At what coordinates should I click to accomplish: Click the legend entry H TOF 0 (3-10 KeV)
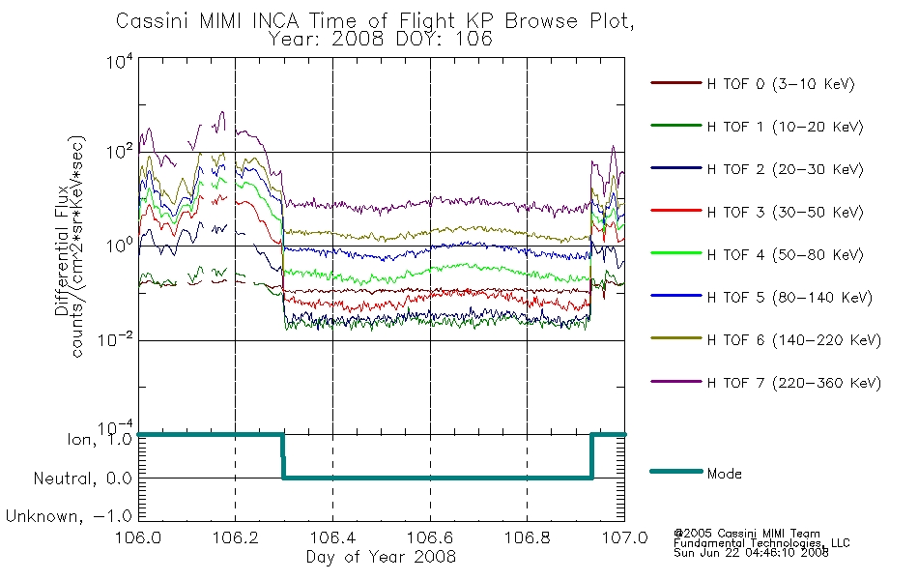pyautogui.click(x=753, y=84)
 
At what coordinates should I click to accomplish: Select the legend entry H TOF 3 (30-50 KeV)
pyautogui.click(x=757, y=212)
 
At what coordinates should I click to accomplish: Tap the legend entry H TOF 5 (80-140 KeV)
pyautogui.click(x=761, y=297)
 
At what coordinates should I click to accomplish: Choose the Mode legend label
pyautogui.click(x=724, y=474)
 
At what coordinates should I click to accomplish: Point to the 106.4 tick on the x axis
pyautogui.click(x=332, y=537)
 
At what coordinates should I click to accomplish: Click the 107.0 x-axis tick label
pyautogui.click(x=624, y=537)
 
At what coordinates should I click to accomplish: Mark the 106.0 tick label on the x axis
pyautogui.click(x=138, y=537)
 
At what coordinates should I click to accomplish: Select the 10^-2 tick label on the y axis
pyautogui.click(x=115, y=339)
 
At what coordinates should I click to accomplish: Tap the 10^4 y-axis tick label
pyautogui.click(x=120, y=61)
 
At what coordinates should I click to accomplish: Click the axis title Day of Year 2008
pyautogui.click(x=381, y=556)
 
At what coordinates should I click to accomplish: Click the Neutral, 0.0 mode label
pyautogui.click(x=82, y=478)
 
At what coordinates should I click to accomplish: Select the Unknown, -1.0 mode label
pyautogui.click(x=69, y=516)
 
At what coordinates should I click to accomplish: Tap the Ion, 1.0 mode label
pyautogui.click(x=100, y=439)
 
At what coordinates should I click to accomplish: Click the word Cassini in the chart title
pyautogui.click(x=152, y=21)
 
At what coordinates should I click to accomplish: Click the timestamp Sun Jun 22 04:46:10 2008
pyautogui.click(x=751, y=553)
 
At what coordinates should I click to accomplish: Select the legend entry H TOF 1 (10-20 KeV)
pyautogui.click(x=757, y=127)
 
